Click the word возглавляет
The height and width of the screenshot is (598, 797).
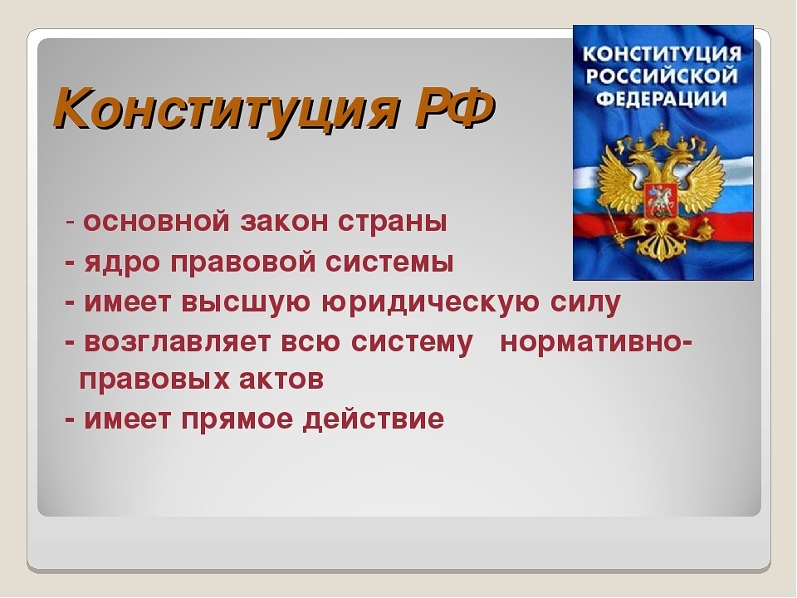(x=177, y=341)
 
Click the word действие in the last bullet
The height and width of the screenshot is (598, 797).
(x=374, y=420)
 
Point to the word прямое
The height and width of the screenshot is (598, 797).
(x=237, y=420)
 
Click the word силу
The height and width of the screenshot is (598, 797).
(x=585, y=302)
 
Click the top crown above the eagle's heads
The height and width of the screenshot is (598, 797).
(x=662, y=134)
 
